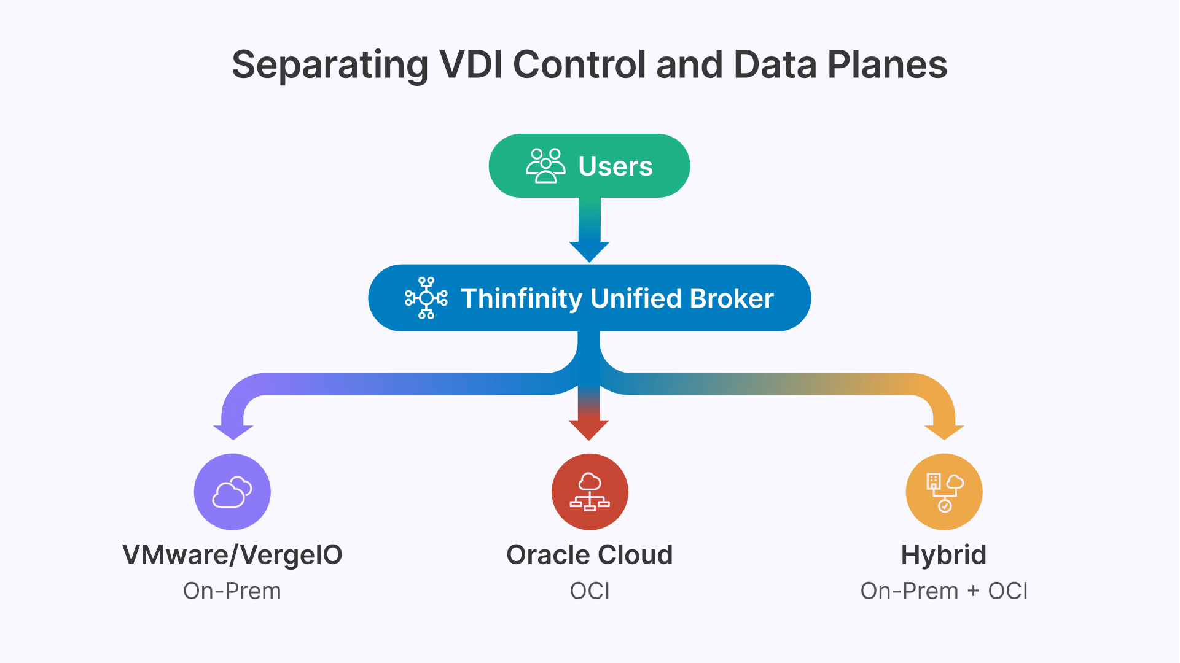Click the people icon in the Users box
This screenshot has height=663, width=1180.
545,166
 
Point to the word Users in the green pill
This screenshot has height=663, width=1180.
615,166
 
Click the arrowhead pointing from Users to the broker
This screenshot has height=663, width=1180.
589,252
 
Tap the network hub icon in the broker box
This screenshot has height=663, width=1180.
426,298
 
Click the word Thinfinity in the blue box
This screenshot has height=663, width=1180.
522,299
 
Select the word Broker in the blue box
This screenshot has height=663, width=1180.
732,298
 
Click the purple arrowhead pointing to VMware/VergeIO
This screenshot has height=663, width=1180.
233,432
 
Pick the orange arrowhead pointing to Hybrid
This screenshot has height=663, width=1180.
944,432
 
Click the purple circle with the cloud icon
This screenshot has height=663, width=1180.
232,492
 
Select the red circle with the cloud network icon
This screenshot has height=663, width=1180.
590,492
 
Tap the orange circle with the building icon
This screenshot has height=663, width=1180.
944,492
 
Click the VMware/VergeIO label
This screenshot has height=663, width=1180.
232,556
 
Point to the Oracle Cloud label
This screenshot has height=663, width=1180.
590,555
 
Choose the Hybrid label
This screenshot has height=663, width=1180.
944,556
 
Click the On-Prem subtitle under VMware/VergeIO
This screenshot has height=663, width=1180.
232,591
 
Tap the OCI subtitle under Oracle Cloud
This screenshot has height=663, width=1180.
590,591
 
